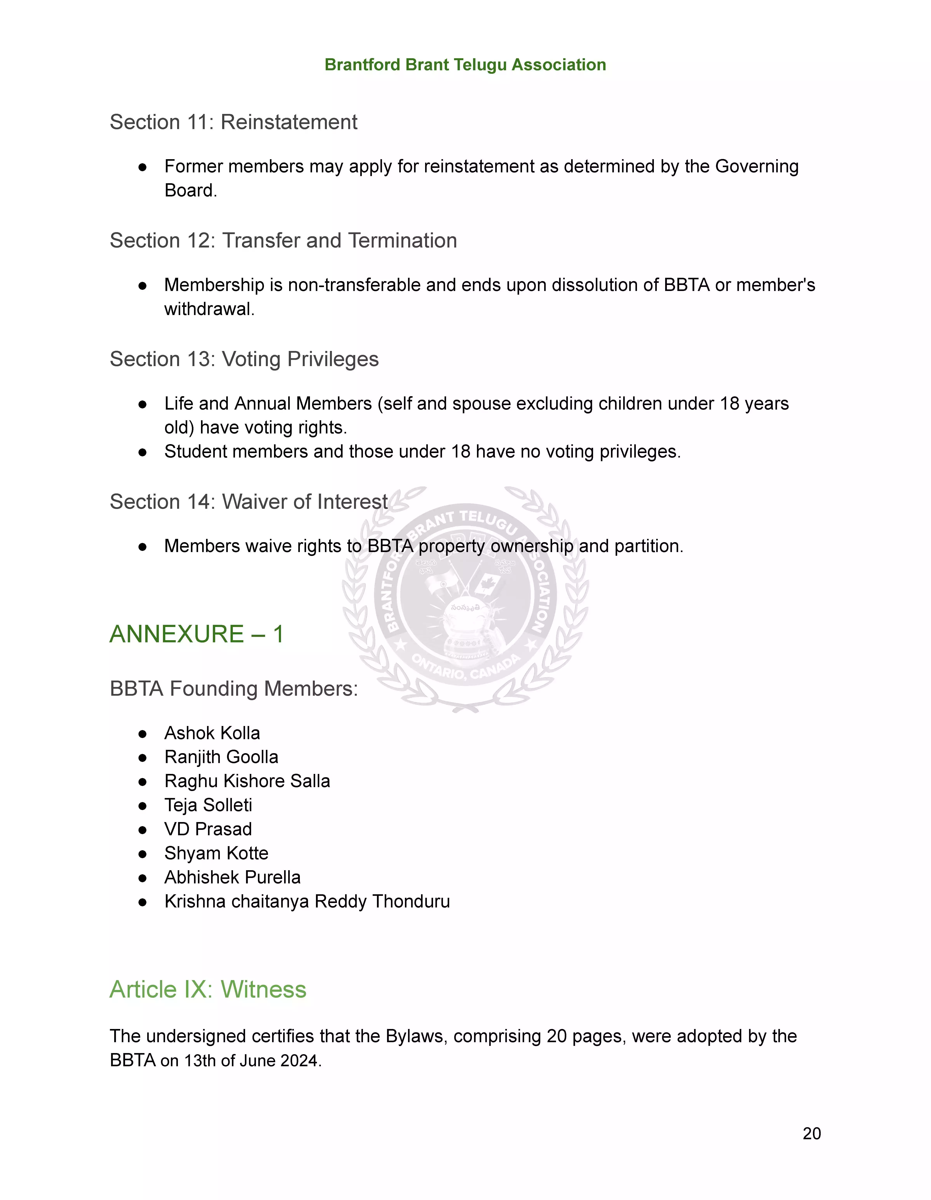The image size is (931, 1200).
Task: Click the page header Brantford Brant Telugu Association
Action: click(465, 65)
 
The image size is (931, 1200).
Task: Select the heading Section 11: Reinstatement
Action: click(234, 122)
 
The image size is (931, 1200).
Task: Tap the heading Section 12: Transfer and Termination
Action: click(283, 241)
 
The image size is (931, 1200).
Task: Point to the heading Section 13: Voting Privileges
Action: click(244, 359)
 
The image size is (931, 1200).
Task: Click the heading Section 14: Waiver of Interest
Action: click(248, 502)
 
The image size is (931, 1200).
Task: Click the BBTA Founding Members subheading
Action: click(234, 689)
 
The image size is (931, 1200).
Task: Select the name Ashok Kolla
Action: click(212, 733)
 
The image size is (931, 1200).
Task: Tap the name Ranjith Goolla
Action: click(221, 757)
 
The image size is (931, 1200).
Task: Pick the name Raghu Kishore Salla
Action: click(247, 781)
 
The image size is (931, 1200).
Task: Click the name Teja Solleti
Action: click(208, 806)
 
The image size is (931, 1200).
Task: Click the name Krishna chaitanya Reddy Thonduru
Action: click(307, 902)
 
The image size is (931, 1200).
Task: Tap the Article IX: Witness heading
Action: click(208, 990)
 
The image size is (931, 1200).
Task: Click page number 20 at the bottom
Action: click(811, 1133)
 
